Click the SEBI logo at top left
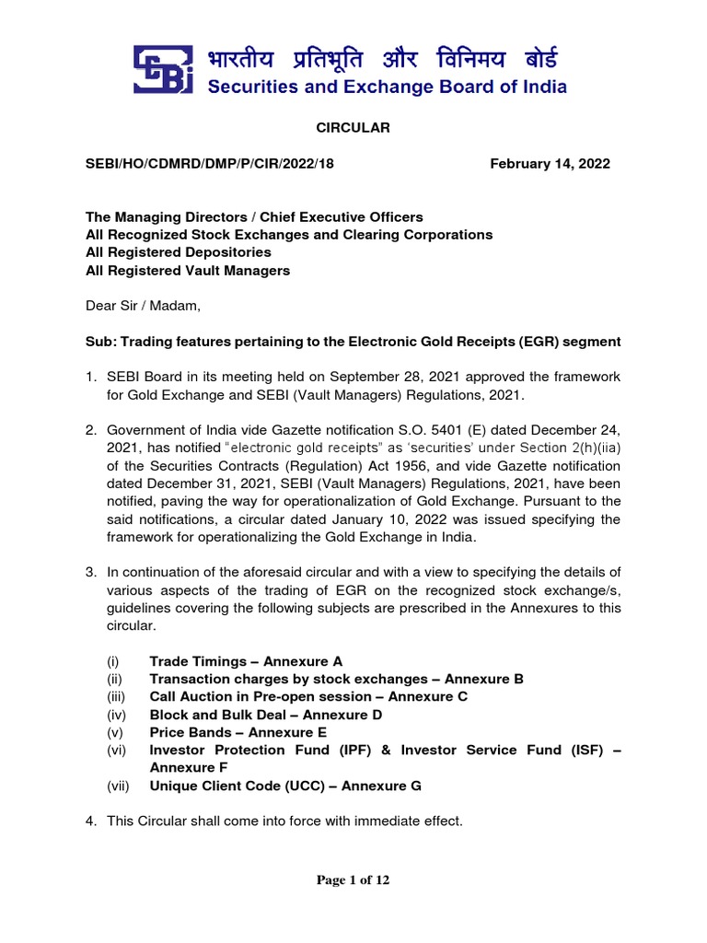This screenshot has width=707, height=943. (167, 69)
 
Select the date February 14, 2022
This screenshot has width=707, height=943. (550, 163)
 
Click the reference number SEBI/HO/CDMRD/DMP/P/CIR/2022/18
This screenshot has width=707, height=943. (210, 163)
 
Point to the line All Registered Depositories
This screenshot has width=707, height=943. (179, 252)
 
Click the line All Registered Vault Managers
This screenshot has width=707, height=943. (188, 270)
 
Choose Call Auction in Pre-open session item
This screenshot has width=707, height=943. (308, 696)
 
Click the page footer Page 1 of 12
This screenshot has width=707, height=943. (353, 880)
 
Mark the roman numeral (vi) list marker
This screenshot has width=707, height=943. (116, 750)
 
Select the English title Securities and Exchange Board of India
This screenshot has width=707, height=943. (386, 88)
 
